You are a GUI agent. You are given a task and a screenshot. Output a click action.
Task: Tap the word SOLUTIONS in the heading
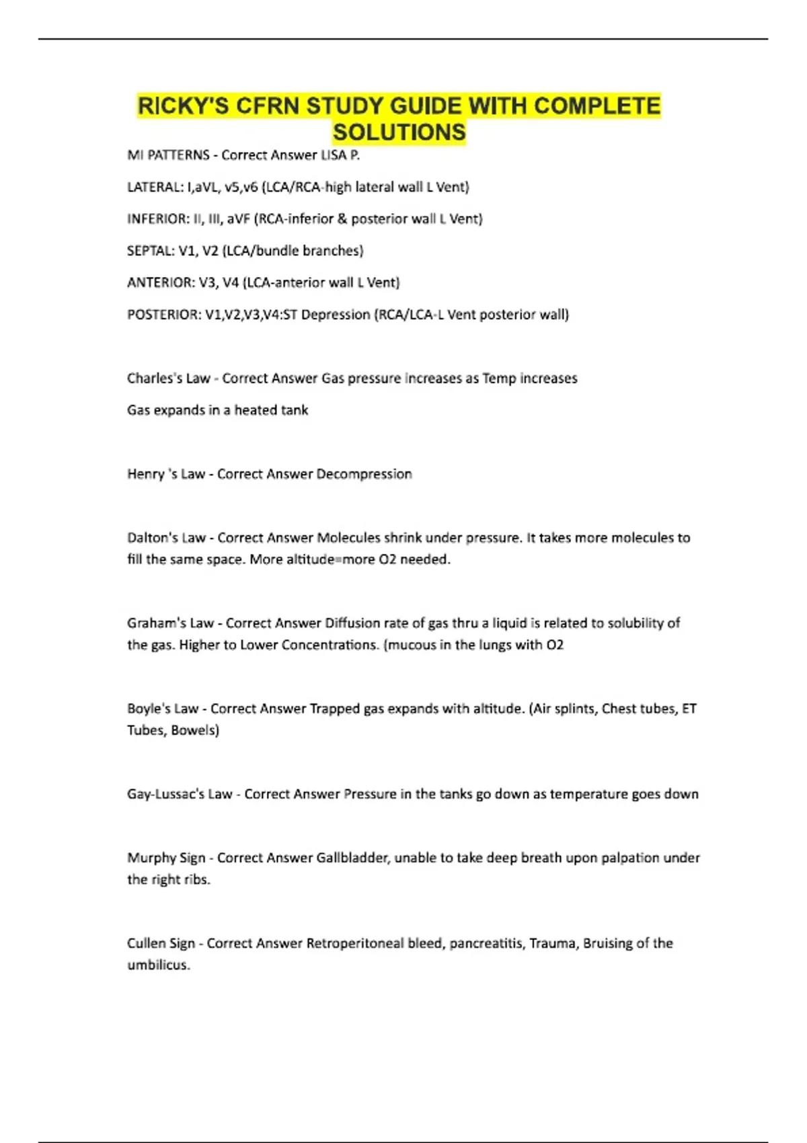coord(399,132)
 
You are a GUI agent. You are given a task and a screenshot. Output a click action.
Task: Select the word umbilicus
coord(159,965)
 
